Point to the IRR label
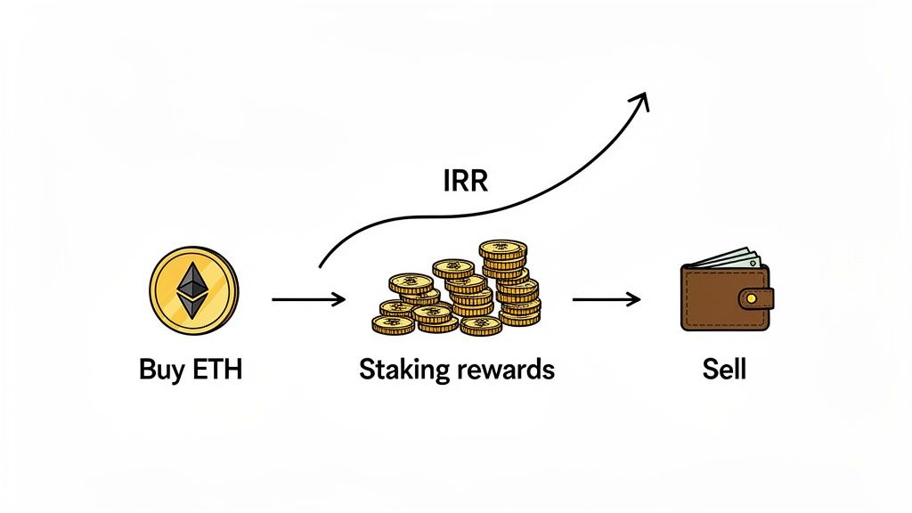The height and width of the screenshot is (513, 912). click(x=466, y=182)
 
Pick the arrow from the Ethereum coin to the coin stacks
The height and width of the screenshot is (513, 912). click(x=308, y=300)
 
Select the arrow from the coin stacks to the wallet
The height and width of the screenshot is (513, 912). click(x=606, y=300)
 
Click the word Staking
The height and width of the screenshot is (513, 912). click(x=403, y=370)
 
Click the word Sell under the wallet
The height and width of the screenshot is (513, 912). click(x=723, y=369)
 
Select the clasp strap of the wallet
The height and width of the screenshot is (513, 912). click(x=757, y=297)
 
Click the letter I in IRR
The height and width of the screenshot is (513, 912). click(x=446, y=182)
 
